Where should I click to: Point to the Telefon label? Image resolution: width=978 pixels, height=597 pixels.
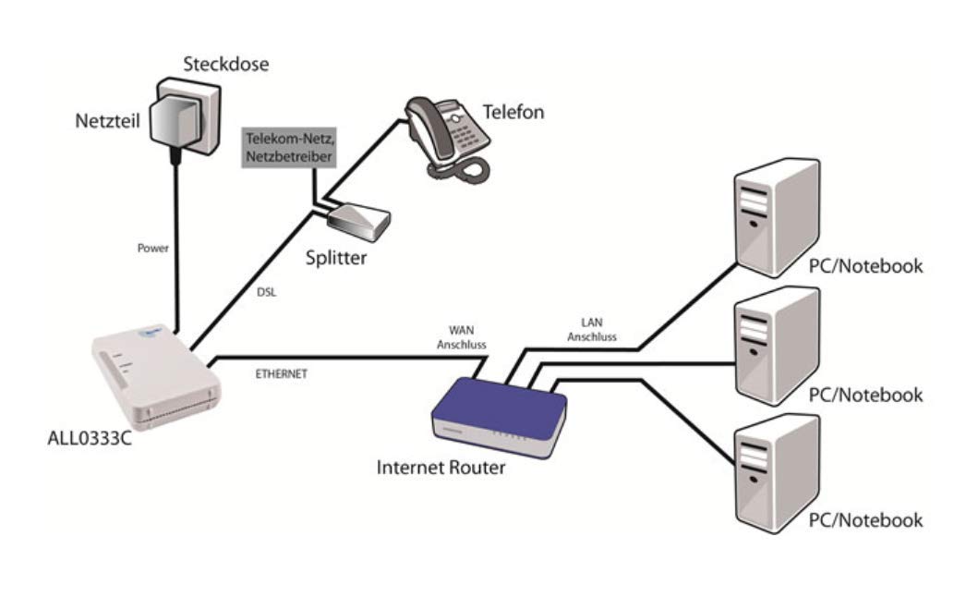tap(513, 113)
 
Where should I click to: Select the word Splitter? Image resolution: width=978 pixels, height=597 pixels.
tap(335, 258)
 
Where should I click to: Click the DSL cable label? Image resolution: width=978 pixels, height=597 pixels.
tap(265, 291)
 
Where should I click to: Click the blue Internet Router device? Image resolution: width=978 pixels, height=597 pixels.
tap(499, 415)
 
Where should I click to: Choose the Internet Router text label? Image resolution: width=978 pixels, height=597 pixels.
tap(441, 468)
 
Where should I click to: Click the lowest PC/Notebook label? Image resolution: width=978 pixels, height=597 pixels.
tap(864, 520)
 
